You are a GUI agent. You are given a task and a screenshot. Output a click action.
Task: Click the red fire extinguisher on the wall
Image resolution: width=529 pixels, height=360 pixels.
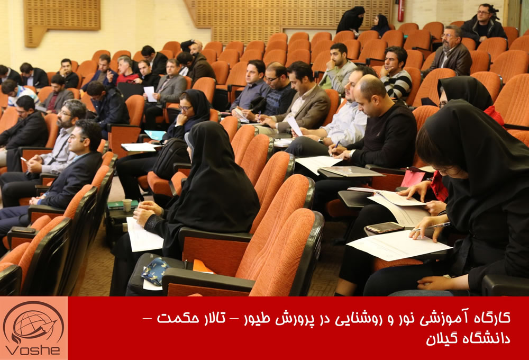click(401, 10)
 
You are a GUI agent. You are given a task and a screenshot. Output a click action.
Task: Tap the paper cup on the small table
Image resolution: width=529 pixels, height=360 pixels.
click(127, 205)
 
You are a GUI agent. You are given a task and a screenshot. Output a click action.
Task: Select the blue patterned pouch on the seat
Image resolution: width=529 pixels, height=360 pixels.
click(155, 271)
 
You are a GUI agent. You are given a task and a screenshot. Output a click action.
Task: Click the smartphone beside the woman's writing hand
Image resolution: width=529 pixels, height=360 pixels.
click(385, 227)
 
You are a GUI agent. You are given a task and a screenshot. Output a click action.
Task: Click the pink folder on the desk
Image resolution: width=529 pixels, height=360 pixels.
click(413, 178)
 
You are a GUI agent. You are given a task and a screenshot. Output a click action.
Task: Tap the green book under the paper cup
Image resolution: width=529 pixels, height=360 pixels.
click(122, 205)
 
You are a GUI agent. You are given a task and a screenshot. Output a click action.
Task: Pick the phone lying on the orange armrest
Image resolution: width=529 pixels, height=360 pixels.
click(23, 230)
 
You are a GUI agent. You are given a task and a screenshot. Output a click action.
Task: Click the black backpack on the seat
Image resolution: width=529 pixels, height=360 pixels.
click(171, 158)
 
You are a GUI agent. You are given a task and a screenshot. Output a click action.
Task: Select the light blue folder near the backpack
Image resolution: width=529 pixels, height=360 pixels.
click(155, 135)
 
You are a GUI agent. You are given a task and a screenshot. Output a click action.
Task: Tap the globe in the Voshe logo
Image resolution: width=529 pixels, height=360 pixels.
click(33, 322)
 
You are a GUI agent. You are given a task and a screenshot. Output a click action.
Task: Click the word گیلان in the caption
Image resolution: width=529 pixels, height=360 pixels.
click(443, 339)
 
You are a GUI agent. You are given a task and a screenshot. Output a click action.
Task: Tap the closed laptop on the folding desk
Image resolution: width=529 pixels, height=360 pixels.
click(351, 171)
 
